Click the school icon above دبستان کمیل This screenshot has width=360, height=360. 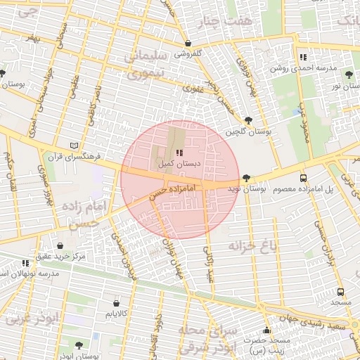179,152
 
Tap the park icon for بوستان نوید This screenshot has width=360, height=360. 245,179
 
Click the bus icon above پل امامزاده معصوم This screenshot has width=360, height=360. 303,179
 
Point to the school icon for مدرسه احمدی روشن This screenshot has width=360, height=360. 302,58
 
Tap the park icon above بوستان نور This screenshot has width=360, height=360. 347,72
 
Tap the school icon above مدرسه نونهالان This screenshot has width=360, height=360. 26,262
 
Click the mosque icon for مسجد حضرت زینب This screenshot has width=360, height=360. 266,330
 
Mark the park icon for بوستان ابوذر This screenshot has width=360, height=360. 77,345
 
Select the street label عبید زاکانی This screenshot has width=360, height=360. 208,264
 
